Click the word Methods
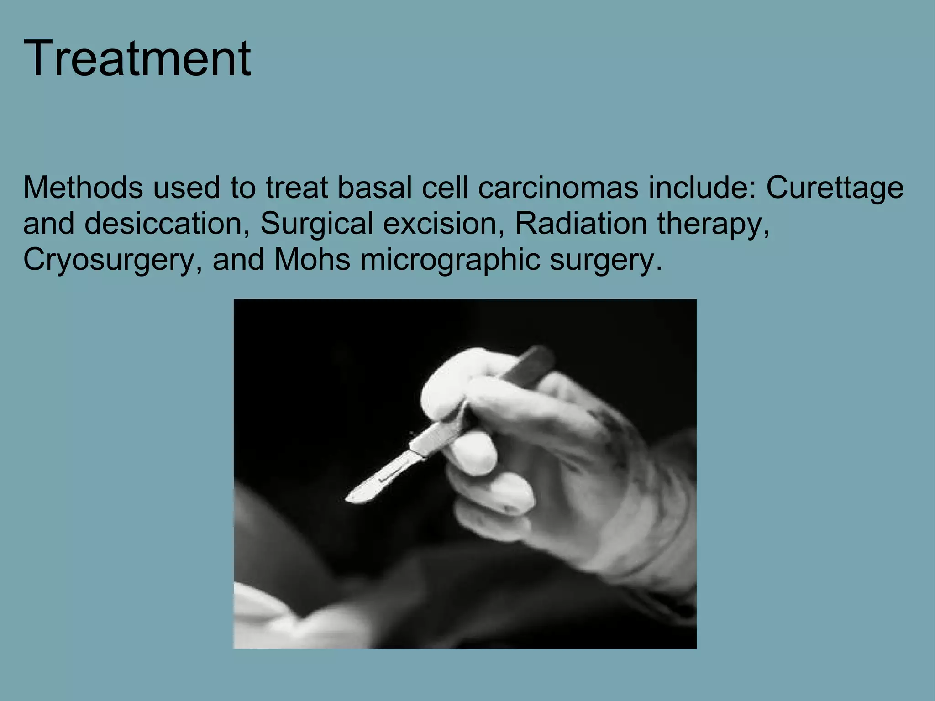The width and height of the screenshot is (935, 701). pos(83,188)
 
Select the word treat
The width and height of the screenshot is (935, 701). pos(296,188)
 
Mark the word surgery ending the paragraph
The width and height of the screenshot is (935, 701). pos(604,260)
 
